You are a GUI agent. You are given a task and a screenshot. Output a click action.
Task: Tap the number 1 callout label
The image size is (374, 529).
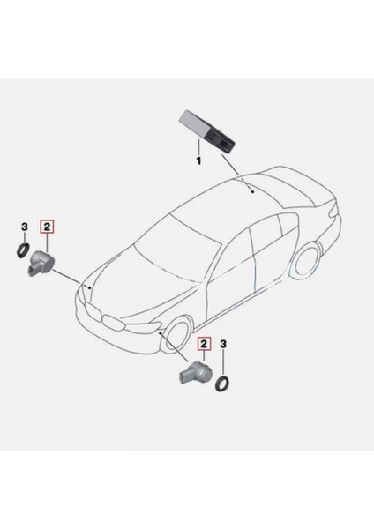tap(199, 162)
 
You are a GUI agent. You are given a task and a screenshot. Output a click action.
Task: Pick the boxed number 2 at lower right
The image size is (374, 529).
tap(205, 343)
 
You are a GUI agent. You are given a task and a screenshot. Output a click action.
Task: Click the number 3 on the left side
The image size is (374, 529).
tap(24, 227)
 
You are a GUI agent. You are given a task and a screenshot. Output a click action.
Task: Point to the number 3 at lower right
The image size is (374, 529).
tap(225, 343)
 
